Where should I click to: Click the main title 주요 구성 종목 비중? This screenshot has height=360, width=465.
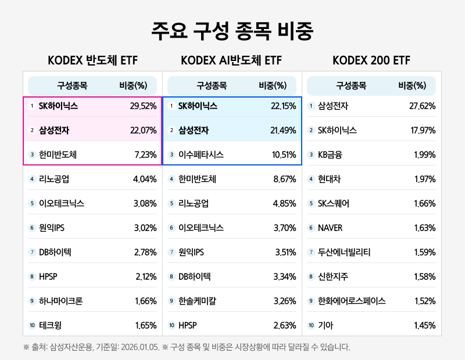point(232,31)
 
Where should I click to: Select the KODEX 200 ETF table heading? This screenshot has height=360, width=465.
point(371,60)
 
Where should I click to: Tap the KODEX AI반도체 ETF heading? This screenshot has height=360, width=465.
point(231,60)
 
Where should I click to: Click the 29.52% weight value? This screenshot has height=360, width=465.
point(144,106)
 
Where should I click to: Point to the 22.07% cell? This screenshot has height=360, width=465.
point(144,131)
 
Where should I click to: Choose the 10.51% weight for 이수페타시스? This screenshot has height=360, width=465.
point(284,155)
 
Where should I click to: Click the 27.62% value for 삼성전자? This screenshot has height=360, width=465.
point(423,106)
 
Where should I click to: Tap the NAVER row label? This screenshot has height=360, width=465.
point(330,228)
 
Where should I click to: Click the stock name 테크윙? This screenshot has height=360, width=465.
point(51,326)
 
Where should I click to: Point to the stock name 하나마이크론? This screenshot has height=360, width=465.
point(60,301)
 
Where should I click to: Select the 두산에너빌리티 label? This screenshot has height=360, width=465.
point(344,253)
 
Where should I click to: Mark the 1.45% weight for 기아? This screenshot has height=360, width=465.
point(424,326)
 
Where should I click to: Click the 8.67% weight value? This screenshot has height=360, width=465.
point(285,179)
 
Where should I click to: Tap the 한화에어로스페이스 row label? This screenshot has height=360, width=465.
point(352,301)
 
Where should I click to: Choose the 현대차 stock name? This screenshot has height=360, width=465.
point(330,179)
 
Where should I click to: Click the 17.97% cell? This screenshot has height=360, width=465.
point(423,131)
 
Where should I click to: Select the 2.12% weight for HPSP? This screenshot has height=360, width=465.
point(145,277)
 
